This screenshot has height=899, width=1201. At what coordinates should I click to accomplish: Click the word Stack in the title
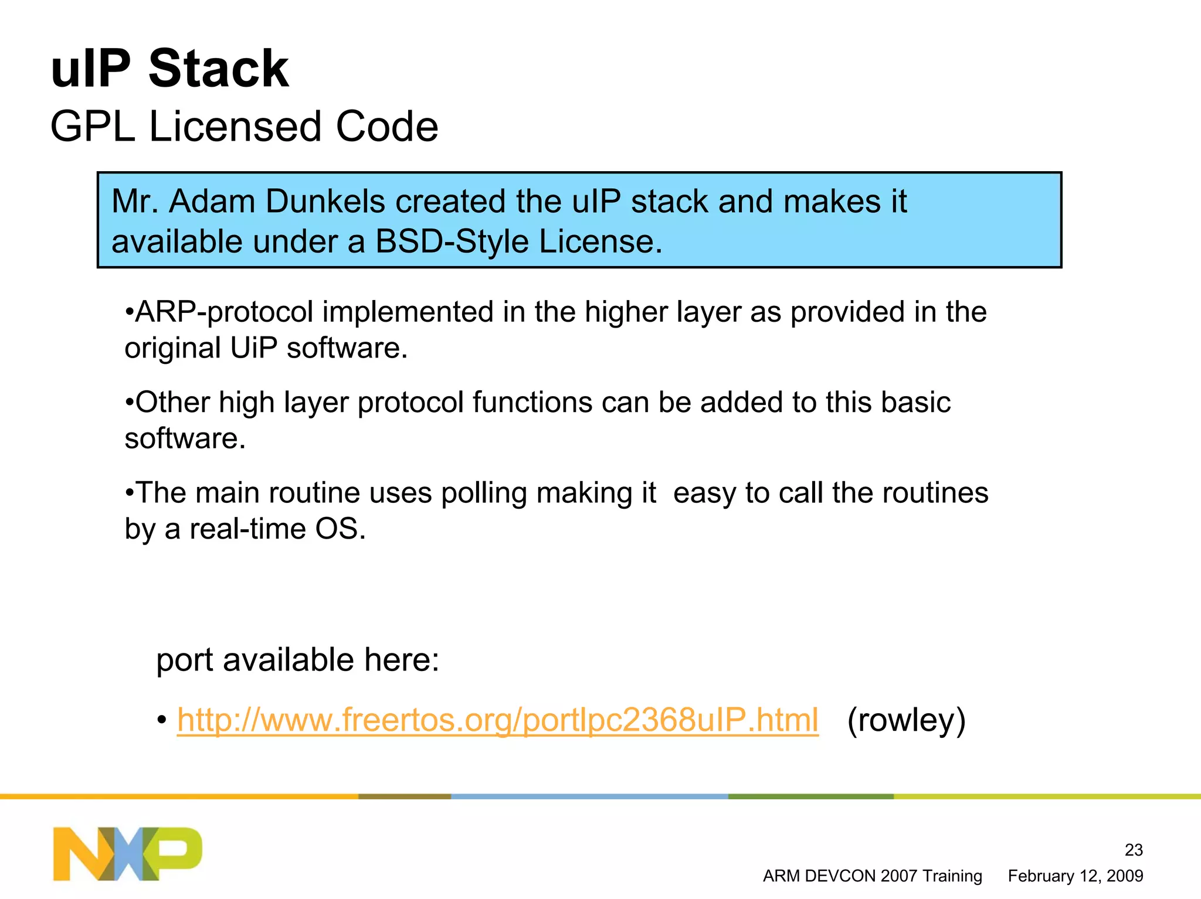pos(218,69)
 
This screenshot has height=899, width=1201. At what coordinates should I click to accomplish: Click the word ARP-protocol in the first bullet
pos(224,312)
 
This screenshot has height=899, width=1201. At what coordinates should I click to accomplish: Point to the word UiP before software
pos(253,348)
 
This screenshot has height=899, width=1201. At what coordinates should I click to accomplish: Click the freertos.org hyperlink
pos(497,720)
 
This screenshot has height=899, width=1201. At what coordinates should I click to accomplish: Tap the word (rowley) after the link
pos(906,720)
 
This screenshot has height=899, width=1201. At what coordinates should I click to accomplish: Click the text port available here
pos(297,660)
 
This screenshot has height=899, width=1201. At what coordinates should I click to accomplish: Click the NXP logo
pos(127,853)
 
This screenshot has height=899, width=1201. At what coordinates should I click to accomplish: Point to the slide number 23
pos(1133,850)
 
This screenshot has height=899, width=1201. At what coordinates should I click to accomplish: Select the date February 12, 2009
pos(1075,876)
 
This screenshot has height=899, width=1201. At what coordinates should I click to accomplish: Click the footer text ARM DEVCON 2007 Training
pos(872,876)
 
